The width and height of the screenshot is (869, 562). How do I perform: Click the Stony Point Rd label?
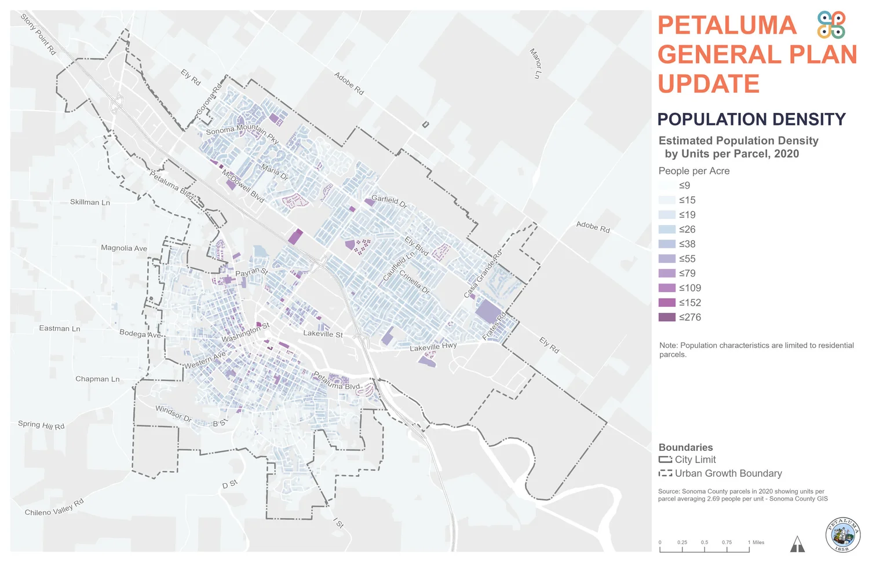[38, 34]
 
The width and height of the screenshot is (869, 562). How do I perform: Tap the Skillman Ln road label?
[90, 202]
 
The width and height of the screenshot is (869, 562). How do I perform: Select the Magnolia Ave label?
[124, 248]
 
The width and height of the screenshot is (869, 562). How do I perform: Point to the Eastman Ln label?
[60, 328]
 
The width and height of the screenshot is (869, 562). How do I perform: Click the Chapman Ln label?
[97, 379]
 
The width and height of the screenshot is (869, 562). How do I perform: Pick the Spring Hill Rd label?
[41, 425]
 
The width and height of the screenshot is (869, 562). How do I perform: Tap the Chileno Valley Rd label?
[54, 507]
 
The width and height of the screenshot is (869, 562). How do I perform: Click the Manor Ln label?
[535, 63]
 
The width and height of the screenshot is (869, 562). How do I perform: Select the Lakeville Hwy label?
[433, 347]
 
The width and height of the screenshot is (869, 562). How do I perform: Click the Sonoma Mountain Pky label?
[242, 133]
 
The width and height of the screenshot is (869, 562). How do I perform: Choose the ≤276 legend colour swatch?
[667, 317]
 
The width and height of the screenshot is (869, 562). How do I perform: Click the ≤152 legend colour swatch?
[667, 303]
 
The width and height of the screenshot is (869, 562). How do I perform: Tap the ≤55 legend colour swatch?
[667, 259]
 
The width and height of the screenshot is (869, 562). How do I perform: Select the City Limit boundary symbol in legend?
[665, 460]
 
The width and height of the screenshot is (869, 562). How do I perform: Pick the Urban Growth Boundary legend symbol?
[665, 473]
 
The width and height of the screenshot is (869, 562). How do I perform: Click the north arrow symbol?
[797, 544]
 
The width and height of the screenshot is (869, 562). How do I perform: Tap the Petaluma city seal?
[842, 535]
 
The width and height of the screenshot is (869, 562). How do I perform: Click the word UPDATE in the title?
[709, 84]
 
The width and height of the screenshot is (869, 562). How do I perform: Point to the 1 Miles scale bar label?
[756, 542]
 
